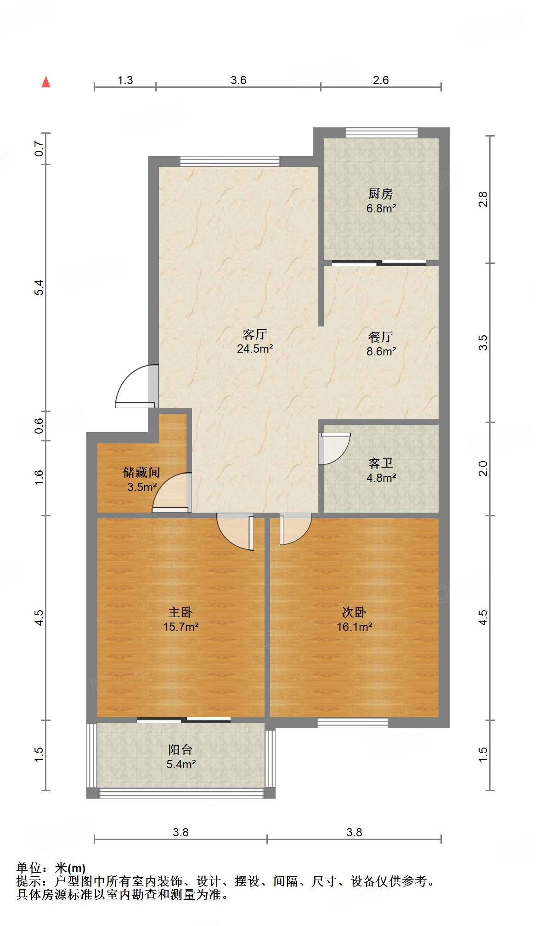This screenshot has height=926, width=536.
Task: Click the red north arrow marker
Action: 46,82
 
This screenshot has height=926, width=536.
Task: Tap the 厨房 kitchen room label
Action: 381,194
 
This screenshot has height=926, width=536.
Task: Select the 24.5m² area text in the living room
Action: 255,349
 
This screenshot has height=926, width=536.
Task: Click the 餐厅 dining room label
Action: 381,337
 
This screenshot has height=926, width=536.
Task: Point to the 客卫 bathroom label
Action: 381,463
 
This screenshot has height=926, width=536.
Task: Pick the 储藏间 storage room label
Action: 141,472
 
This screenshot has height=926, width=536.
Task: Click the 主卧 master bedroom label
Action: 181,612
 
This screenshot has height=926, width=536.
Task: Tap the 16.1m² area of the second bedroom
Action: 354,627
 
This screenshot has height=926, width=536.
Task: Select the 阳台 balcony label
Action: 181,750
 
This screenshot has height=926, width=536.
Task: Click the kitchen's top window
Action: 382,133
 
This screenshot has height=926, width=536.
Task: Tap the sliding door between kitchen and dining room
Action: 379,263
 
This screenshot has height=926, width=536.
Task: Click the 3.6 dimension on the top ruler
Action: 238,80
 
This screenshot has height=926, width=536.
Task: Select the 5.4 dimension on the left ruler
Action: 39,287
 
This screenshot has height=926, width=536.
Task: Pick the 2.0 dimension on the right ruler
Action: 483,469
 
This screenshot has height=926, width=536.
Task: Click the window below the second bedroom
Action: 353,723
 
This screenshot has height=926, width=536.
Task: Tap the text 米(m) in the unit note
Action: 70,868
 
